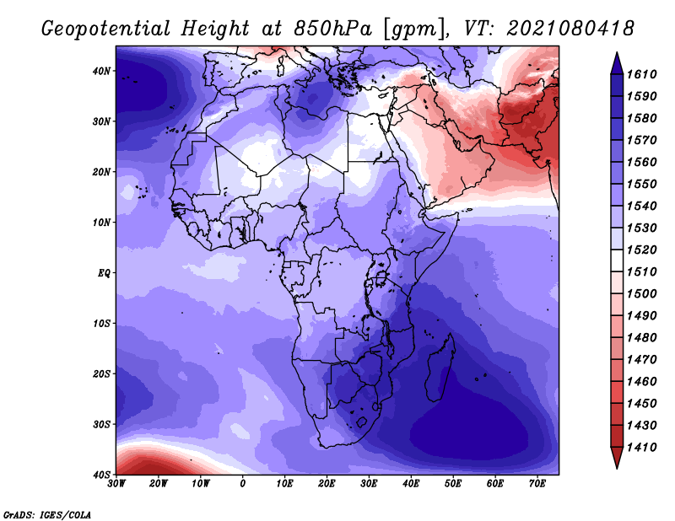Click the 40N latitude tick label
pos(101,71)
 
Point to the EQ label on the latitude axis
pos(104,273)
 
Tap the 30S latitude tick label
pos(101,425)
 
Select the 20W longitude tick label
pos(158,484)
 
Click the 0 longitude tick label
pos(243,484)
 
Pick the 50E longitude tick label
pos(453,484)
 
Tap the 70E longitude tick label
pos(537,484)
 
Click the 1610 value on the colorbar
pos(641,74)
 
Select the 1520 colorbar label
pos(641,250)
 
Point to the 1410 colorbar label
pos(641,448)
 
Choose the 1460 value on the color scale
pos(641,382)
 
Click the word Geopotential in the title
pos(106,30)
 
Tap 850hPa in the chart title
pos(332,29)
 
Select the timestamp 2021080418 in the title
pos(570,29)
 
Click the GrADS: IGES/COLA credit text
pos(47,515)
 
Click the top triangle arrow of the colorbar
pos(617,63)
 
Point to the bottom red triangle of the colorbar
pos(617,457)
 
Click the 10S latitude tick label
pos(101,324)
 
